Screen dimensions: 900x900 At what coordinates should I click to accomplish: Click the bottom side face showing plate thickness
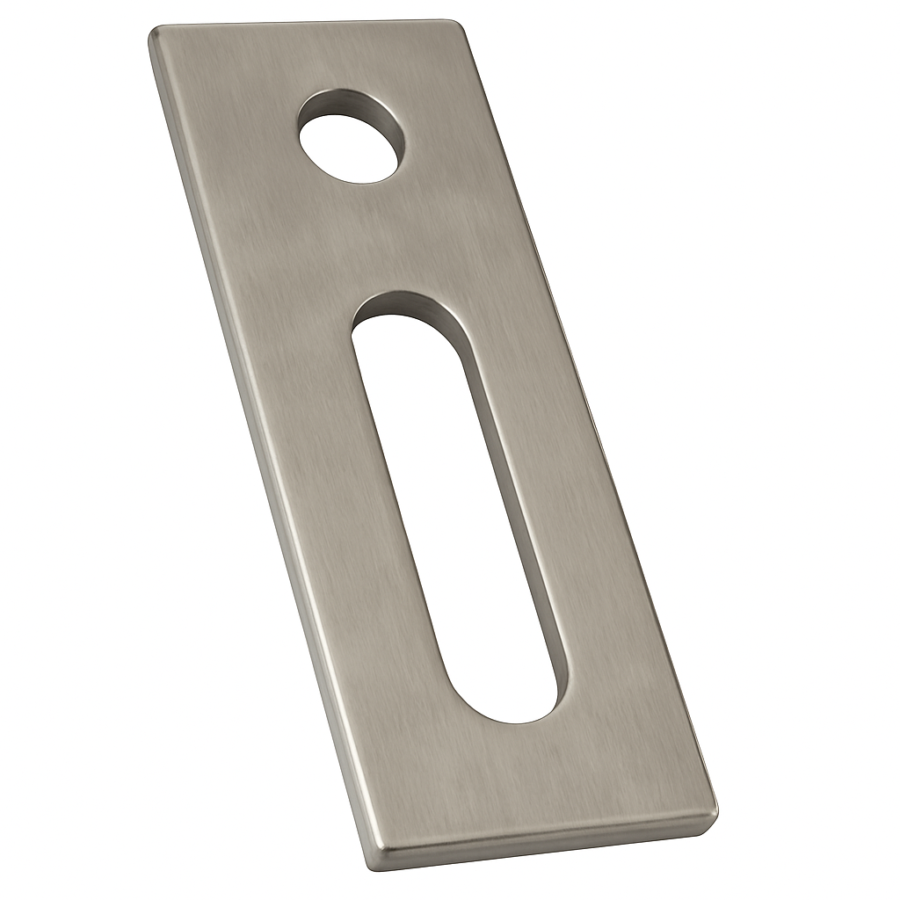point(545,844)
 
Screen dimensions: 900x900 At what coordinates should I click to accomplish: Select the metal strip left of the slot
point(352,527)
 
